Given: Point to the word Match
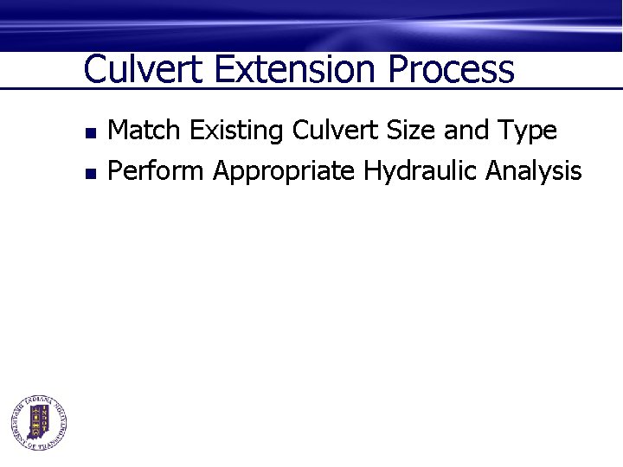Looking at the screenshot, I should tap(145, 131).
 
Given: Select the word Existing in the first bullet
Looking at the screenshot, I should tap(237, 131).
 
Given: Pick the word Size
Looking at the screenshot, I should tap(409, 131).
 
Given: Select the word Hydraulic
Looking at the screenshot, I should tap(421, 172).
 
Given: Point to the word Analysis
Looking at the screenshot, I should tap(533, 172).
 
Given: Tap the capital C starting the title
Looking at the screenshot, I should tap(94, 69).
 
